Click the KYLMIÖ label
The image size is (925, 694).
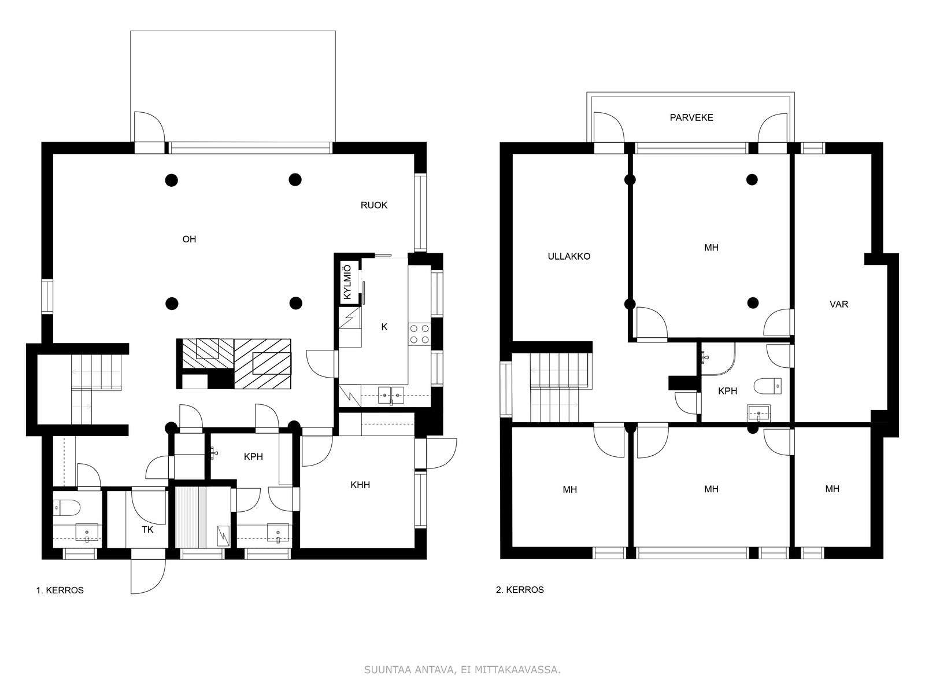pyautogui.click(x=347, y=282)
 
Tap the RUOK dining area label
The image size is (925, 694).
pyautogui.click(x=374, y=205)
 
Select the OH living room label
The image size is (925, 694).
pyautogui.click(x=189, y=239)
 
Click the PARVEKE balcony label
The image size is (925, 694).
pyautogui.click(x=691, y=117)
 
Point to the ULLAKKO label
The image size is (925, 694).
pyautogui.click(x=569, y=256)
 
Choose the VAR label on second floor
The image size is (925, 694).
pyautogui.click(x=839, y=304)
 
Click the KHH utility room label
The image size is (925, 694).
pyautogui.click(x=360, y=485)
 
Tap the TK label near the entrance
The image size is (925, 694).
pyautogui.click(x=147, y=530)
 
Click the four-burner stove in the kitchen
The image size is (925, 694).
pyautogui.click(x=419, y=334)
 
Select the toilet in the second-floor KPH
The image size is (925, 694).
pyautogui.click(x=767, y=386)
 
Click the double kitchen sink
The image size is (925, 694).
pyautogui.click(x=391, y=395)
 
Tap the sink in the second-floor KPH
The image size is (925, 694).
pyautogui.click(x=758, y=413)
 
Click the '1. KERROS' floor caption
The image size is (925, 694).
pyautogui.click(x=60, y=590)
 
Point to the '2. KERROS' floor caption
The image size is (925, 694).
pyautogui.click(x=520, y=590)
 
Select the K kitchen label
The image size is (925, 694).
pyautogui.click(x=384, y=327)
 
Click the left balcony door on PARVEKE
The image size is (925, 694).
pyautogui.click(x=609, y=128)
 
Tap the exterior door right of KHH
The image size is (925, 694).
pyautogui.click(x=442, y=453)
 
